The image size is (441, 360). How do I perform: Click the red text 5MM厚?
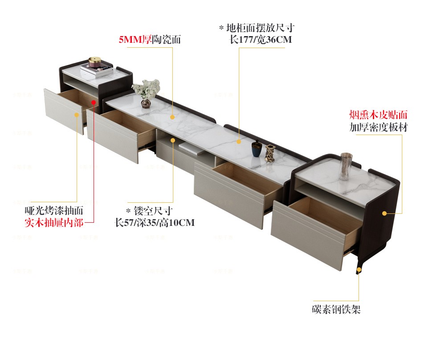click(x=135, y=39)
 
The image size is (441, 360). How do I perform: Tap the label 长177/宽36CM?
click(x=261, y=39)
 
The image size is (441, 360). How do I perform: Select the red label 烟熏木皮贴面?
click(x=378, y=115)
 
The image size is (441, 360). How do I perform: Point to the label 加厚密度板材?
click(x=378, y=127)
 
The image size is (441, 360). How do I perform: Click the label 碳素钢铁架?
click(x=336, y=309)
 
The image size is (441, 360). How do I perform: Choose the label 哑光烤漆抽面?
click(x=54, y=211)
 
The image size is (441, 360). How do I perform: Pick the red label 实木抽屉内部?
click(x=54, y=223)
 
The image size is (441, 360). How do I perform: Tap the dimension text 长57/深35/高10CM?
click(x=155, y=223)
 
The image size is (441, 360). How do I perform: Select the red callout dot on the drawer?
click(x=94, y=102)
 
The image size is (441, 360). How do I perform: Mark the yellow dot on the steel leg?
click(x=359, y=270)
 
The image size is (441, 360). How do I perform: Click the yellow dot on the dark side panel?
click(x=384, y=213)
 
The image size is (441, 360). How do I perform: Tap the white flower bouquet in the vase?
click(x=146, y=89)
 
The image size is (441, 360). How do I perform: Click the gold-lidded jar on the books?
click(x=95, y=62)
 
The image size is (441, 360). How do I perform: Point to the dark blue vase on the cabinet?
click(x=257, y=148)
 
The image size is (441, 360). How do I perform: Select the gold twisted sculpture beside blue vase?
click(x=269, y=153)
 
